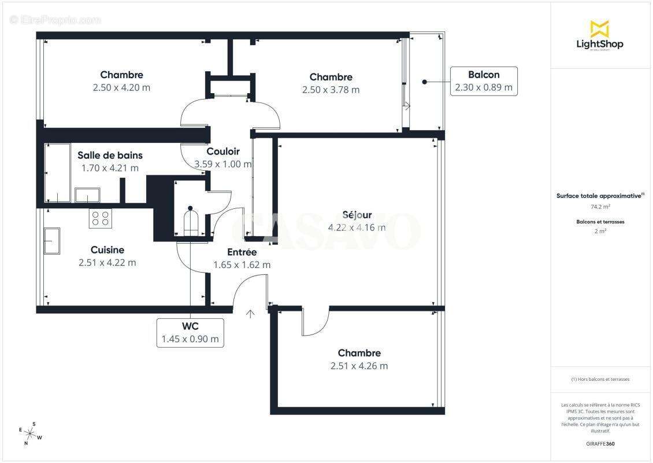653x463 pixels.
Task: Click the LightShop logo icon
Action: point(599,28)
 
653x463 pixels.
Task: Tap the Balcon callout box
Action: point(484,81)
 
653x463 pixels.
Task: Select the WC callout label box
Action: point(190,332)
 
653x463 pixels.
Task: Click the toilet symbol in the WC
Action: point(190,221)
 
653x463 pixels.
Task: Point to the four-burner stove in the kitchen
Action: point(99,218)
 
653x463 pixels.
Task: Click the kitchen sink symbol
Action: point(51,241)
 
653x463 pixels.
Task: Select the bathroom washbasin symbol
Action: point(87,195)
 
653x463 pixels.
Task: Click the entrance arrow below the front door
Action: point(250,314)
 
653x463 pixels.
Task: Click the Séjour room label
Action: point(357,215)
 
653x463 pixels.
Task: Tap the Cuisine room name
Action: point(107,250)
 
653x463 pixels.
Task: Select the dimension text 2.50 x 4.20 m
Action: point(121,87)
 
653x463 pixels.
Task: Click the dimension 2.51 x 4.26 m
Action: point(359,366)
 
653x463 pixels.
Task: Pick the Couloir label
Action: point(223,152)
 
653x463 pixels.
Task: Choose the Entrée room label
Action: point(242,252)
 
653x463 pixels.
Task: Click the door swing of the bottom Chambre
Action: point(316,322)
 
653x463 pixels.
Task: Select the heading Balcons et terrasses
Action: point(600,222)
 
